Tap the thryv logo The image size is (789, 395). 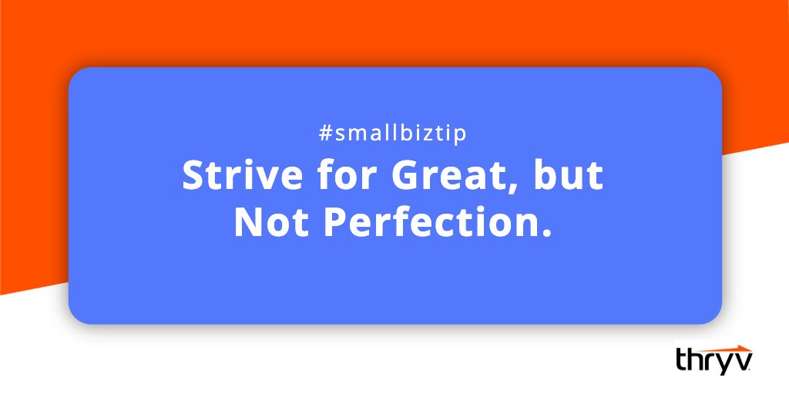714,359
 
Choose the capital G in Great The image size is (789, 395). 407,177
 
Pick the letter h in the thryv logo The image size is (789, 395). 696,359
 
